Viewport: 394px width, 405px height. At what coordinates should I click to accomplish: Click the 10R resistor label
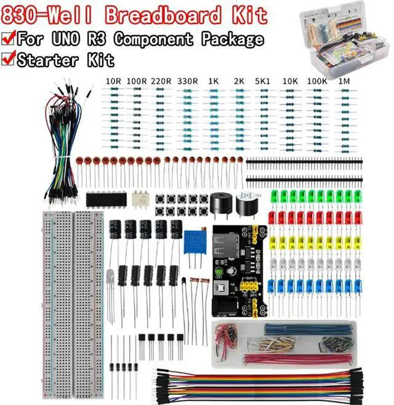(113, 81)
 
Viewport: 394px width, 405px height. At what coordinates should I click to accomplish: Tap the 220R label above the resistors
(161, 81)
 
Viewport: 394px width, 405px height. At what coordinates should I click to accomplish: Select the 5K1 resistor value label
(263, 81)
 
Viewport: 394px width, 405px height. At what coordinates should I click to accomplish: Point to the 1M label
(345, 81)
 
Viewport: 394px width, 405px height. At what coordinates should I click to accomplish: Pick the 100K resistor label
(317, 81)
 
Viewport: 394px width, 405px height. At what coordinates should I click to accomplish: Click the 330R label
(187, 81)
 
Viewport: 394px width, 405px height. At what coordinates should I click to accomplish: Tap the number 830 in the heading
(23, 14)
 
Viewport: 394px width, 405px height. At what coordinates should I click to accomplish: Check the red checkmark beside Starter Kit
(9, 58)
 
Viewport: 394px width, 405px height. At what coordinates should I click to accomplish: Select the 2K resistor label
(239, 81)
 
